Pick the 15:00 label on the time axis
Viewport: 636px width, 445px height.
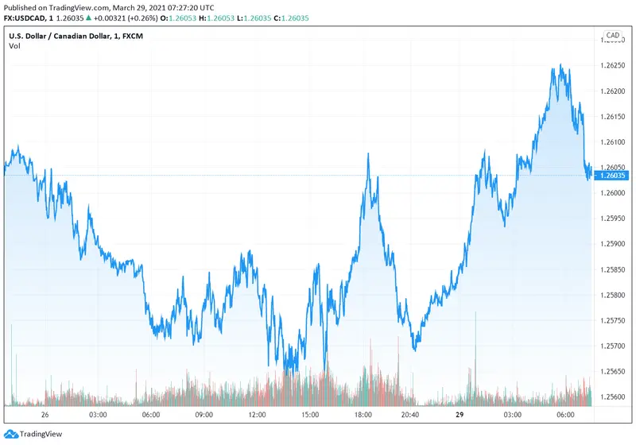coord(310,415)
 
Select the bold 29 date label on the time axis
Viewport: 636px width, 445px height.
coord(460,415)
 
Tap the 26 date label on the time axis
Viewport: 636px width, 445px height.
coord(45,415)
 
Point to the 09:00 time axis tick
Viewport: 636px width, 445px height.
coord(204,415)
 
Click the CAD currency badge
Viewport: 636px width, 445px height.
coord(612,35)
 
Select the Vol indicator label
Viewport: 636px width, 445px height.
coord(15,46)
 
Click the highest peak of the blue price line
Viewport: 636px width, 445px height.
coord(560,65)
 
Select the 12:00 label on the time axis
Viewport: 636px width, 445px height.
coord(257,415)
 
